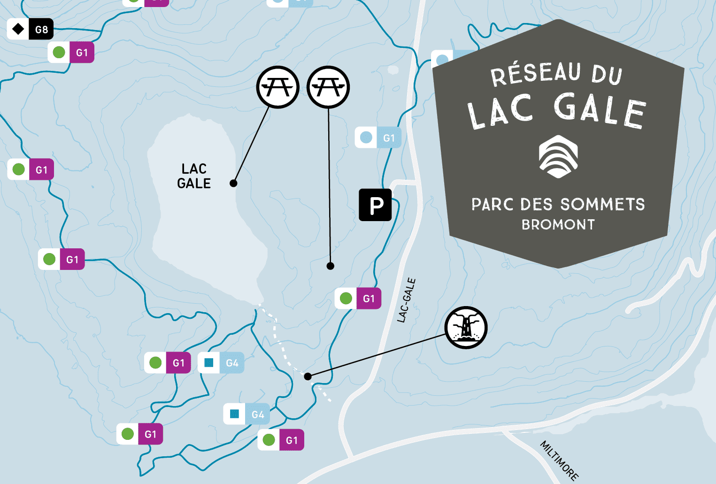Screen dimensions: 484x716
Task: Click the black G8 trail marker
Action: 31,29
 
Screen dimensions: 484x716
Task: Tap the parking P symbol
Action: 375,205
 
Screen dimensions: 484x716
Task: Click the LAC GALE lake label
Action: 194,176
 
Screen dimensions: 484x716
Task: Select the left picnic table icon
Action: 278,87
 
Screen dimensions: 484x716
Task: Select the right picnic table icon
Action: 328,87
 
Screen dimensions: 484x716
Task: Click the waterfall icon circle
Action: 466,328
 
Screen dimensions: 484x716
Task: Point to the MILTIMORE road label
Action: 559,460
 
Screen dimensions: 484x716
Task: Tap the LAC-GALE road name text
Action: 407,300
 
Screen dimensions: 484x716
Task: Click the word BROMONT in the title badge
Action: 558,225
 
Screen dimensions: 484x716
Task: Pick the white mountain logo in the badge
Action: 558,157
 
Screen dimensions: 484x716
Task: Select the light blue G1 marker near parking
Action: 378,138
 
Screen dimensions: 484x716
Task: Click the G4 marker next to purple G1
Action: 221,363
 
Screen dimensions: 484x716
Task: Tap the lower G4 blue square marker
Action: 246,414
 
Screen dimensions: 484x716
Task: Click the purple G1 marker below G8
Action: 71,52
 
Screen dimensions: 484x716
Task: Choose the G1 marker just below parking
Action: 358,299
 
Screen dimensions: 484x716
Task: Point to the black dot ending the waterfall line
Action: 308,376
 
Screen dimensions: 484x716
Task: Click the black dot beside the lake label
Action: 233,183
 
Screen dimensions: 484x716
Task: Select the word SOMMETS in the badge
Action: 602,205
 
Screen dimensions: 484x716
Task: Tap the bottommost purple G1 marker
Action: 281,440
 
